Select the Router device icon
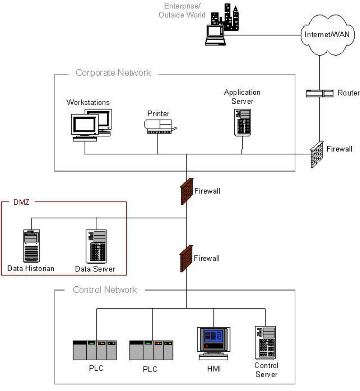pyautogui.click(x=319, y=93)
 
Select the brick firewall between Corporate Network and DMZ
pyautogui.click(x=187, y=191)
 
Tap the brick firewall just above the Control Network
pyautogui.click(x=187, y=259)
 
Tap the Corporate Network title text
pyautogui.click(x=113, y=73)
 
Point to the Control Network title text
pyautogui.click(x=105, y=290)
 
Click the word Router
pyautogui.click(x=348, y=93)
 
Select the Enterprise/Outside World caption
pyautogui.click(x=182, y=11)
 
